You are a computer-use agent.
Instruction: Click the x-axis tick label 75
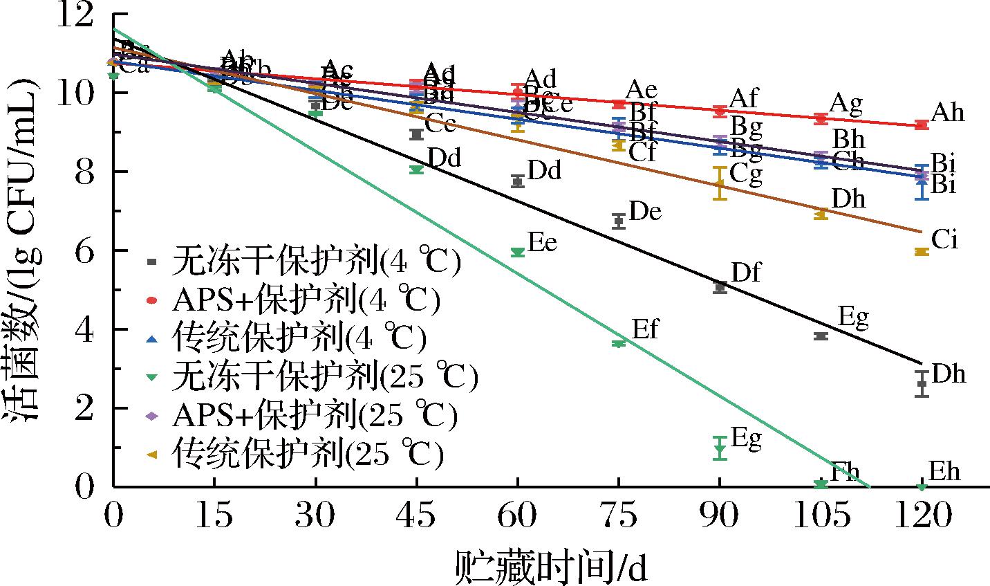point(619,517)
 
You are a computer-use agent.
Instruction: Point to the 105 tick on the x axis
point(821,517)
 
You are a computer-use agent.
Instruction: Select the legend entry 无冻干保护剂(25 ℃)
point(325,377)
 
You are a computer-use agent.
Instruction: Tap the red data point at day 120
point(921,125)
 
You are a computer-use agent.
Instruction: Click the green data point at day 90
point(720,448)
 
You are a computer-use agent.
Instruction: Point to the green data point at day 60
point(517,253)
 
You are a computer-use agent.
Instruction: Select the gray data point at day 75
point(619,221)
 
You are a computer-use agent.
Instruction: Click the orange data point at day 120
point(921,252)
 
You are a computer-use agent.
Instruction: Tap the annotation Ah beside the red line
point(947,113)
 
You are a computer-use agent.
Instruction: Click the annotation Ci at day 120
point(944,240)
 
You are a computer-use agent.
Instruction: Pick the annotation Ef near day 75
point(645,330)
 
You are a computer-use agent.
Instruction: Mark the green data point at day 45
point(416,170)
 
